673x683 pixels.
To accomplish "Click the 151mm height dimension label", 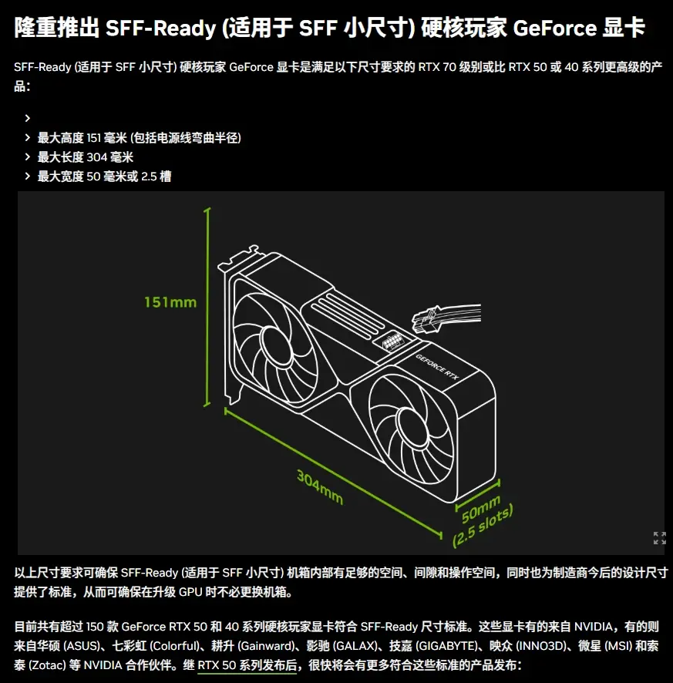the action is [x=170, y=302].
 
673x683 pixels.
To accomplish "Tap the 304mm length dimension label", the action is [x=320, y=487].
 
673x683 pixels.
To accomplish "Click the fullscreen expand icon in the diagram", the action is [x=659, y=538].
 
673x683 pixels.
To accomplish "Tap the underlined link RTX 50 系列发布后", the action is [x=247, y=665].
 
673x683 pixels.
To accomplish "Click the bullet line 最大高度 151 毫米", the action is [x=140, y=138].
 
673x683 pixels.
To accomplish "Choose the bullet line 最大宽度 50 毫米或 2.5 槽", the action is [x=104, y=177].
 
